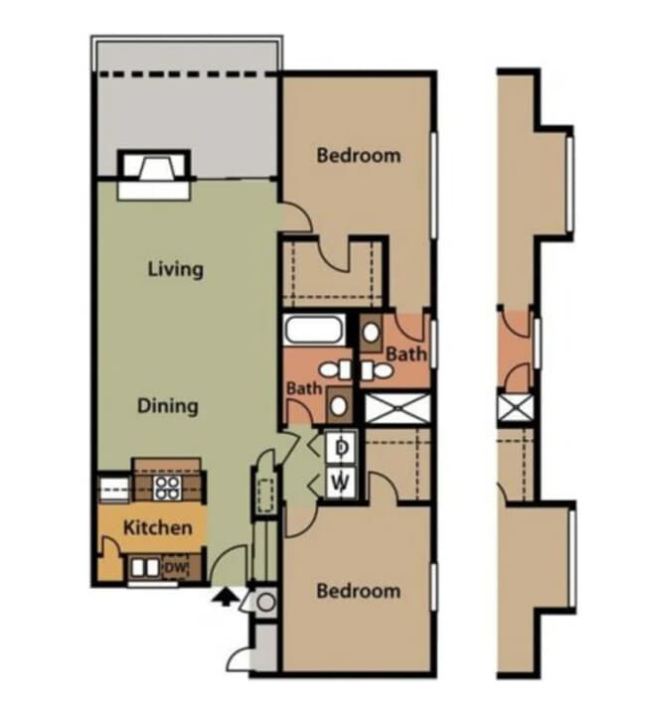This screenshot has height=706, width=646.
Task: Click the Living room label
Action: (x=175, y=269)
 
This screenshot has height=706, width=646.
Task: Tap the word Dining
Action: (x=167, y=405)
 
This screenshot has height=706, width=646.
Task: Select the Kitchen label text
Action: (x=157, y=527)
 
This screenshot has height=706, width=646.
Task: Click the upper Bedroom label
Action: (x=358, y=155)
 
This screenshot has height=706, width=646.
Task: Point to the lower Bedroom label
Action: (x=358, y=591)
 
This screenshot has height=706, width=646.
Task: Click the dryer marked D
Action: (x=341, y=447)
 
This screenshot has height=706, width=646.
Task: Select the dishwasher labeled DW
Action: (x=175, y=567)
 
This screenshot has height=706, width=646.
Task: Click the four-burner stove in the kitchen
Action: (x=166, y=488)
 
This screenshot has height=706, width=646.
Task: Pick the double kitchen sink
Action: (x=145, y=568)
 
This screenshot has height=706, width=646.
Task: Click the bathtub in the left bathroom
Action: (x=314, y=330)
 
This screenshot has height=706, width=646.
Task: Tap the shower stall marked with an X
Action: (x=398, y=408)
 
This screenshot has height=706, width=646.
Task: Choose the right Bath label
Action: (x=406, y=353)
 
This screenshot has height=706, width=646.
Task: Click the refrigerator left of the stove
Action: (x=112, y=489)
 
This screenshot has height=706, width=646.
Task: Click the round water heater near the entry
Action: (x=264, y=601)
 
